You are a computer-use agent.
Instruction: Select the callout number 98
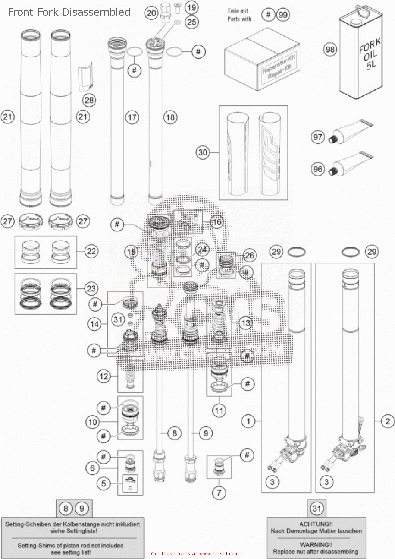tap(330, 50)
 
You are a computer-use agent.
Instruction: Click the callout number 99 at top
tap(283, 15)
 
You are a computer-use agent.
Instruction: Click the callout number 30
tap(203, 152)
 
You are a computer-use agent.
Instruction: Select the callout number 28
tap(89, 100)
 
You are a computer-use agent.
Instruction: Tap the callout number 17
tap(132, 118)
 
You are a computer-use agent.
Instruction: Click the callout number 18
tap(170, 118)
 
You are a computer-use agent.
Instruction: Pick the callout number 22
tap(91, 251)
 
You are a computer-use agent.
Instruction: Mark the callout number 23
tap(91, 288)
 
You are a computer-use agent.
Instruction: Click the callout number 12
tap(104, 376)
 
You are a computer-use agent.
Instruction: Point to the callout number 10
tap(93, 422)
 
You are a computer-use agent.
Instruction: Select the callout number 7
tap(219, 493)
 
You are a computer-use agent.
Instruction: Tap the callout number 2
tap(388, 421)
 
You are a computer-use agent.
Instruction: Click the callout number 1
tap(248, 421)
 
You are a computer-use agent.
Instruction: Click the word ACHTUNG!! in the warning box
tap(316, 524)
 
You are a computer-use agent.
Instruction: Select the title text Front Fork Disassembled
tap(69, 12)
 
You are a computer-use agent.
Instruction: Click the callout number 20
tap(151, 13)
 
